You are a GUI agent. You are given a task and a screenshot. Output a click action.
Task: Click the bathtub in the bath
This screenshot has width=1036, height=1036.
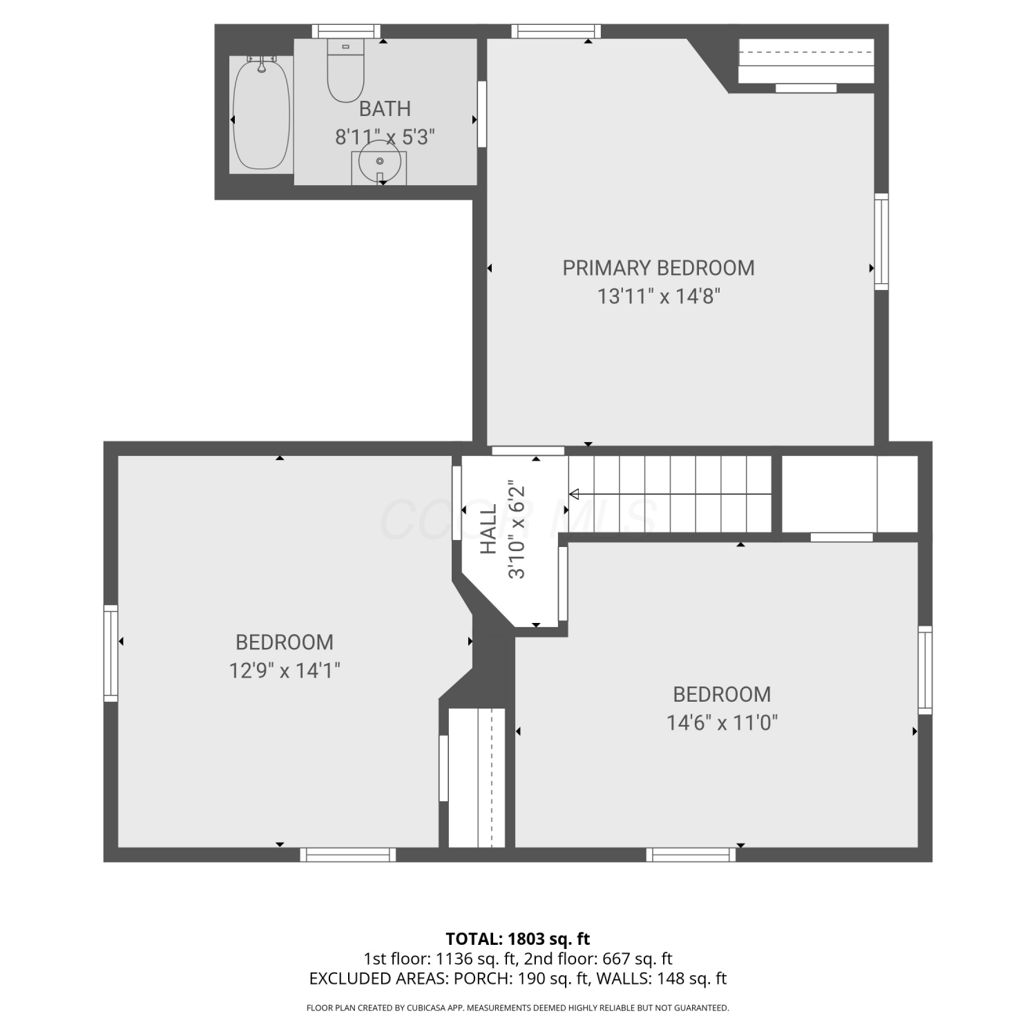261,115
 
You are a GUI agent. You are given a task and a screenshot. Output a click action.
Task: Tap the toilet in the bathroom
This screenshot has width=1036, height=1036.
345,70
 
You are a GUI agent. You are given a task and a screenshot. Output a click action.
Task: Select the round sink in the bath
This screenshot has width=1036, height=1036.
379,162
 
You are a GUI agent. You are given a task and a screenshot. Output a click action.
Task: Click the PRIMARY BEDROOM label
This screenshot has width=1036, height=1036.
658,268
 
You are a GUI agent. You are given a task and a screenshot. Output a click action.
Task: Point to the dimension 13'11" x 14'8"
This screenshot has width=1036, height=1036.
659,296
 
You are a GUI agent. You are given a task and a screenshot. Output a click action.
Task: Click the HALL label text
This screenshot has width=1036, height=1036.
489,529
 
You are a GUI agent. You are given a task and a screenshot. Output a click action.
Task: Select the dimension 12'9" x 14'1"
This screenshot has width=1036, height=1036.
285,671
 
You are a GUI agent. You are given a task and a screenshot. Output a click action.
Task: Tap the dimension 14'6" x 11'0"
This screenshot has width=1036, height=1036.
722,723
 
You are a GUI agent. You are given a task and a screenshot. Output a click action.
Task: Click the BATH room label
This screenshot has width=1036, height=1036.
385,109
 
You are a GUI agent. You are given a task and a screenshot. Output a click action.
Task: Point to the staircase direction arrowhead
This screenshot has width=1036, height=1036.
574,494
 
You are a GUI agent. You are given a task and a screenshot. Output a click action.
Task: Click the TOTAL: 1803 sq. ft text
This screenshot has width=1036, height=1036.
518,939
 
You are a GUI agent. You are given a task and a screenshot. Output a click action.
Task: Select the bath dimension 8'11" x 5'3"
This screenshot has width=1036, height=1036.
385,137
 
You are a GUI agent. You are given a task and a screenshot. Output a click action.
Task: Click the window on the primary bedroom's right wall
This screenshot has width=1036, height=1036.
881,242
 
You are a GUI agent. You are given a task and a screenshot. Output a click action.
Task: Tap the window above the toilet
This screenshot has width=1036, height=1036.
346,31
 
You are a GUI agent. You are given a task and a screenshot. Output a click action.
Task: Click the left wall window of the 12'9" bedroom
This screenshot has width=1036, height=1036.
111,653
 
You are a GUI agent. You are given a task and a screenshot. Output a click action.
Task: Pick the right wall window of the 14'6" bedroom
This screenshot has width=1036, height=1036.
925,670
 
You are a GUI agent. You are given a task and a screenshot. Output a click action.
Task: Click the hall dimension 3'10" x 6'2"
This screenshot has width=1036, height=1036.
517,529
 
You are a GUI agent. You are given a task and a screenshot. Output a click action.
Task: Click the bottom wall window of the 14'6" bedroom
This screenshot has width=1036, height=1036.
691,855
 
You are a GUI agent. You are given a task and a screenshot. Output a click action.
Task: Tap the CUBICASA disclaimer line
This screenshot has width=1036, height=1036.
518,1008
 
